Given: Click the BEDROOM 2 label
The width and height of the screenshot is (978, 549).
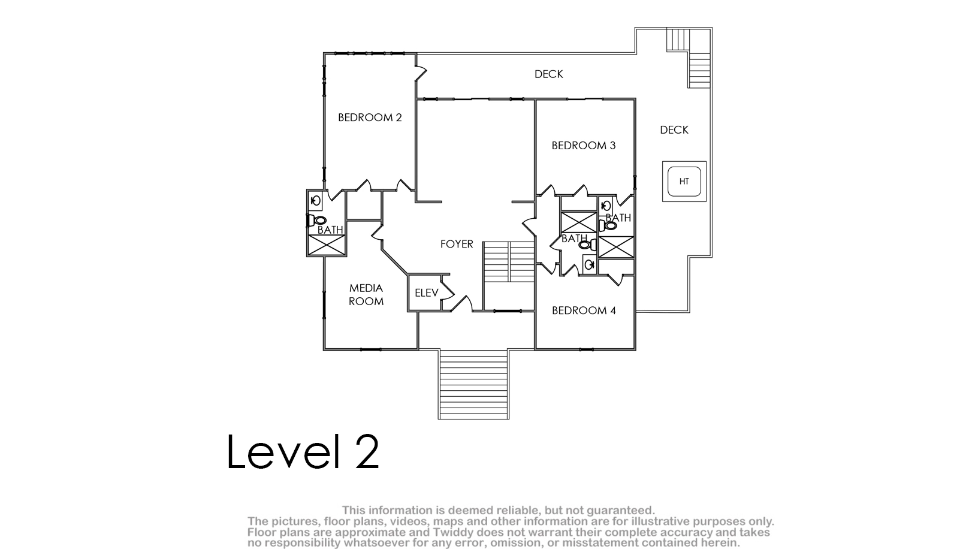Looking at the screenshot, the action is (x=370, y=117).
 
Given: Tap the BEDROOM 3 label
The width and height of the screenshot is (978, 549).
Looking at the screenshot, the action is (x=583, y=146).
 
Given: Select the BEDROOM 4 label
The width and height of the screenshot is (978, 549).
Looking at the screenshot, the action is (x=584, y=310).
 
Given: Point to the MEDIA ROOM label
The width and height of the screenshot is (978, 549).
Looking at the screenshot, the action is (x=366, y=295).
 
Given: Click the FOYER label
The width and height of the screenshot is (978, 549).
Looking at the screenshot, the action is (x=457, y=244).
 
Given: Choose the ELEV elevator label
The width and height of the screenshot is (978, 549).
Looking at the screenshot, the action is (x=427, y=293).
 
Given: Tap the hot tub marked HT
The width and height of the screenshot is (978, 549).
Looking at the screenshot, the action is (x=684, y=181).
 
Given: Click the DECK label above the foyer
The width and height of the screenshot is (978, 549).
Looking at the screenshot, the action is (x=549, y=74).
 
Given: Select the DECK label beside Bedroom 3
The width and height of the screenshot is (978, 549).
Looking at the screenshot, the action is (x=674, y=129).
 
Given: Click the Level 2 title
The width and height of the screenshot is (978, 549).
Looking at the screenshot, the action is (x=303, y=451).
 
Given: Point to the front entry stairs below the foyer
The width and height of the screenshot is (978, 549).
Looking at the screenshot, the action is (x=473, y=384).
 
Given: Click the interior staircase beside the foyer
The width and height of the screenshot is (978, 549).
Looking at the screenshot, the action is (x=509, y=262).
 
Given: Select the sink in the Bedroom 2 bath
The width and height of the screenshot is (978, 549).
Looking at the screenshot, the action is (x=315, y=201).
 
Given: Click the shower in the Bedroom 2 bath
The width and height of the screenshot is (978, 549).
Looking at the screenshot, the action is (x=327, y=245).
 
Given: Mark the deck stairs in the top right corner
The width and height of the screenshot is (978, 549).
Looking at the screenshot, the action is (x=690, y=58).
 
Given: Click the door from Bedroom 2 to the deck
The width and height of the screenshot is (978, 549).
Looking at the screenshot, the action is (x=420, y=73).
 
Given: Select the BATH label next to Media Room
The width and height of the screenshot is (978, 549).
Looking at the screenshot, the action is (x=330, y=230).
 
